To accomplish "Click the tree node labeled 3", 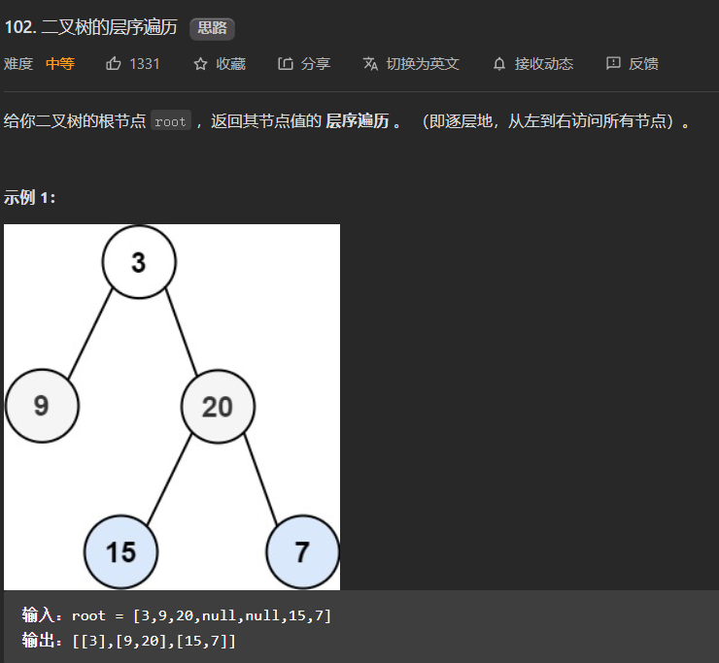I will coord(139,262).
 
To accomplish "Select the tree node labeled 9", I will coord(42,406).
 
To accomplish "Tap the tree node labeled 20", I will coord(218,406).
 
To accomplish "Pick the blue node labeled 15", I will coord(120,551).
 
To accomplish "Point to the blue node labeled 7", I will coord(302,551).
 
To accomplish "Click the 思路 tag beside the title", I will coord(212,27).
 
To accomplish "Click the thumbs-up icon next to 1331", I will coord(114,64).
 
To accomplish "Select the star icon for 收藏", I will coord(201,64).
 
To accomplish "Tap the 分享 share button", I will coord(304,64).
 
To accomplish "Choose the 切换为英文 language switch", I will coord(411,64).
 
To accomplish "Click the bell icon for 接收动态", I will coord(499,64).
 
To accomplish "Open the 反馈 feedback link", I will coord(633,64).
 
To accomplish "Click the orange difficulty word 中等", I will coord(60,64).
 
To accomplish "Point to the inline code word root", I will coord(170,122).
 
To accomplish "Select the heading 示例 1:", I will coord(30,197).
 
